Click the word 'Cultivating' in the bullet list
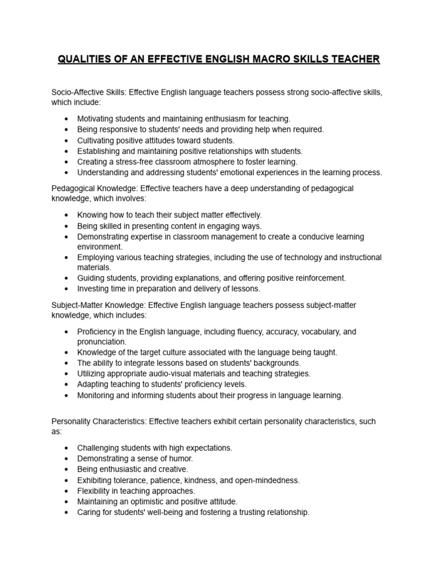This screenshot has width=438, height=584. click(98, 140)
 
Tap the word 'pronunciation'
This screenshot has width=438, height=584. click(102, 342)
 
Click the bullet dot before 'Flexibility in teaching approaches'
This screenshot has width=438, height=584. click(67, 491)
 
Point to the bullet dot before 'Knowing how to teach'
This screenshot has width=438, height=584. click(67, 215)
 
